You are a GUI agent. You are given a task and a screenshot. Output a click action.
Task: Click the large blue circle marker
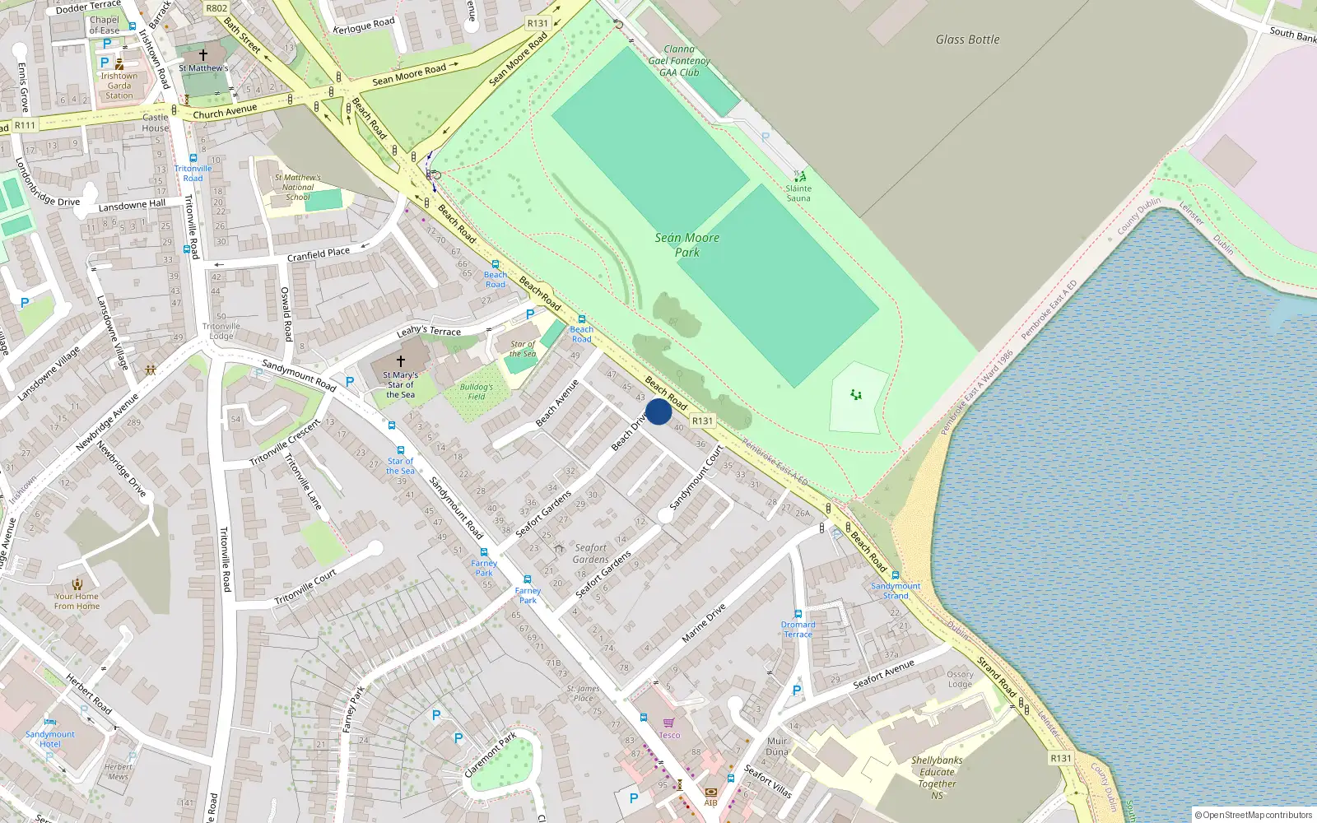click(x=658, y=411)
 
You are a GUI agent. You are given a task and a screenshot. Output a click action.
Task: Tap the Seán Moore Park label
click(x=687, y=244)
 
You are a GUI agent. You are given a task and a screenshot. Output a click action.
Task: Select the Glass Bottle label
click(x=967, y=40)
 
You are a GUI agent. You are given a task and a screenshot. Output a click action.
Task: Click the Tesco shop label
click(x=669, y=735)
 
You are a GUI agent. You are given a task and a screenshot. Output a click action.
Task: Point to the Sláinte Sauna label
click(x=798, y=193)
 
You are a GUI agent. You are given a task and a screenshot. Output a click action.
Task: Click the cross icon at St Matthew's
click(x=203, y=55)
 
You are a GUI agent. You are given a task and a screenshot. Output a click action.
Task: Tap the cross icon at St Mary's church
click(x=401, y=361)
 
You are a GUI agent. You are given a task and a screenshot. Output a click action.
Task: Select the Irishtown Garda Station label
click(x=119, y=86)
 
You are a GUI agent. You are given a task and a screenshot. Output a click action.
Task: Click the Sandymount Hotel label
click(x=50, y=738)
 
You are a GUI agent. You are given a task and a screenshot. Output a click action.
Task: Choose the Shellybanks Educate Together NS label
click(x=937, y=778)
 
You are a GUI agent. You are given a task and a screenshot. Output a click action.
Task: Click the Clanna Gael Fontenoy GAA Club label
click(x=679, y=61)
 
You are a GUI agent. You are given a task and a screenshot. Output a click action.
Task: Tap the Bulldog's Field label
click(x=477, y=392)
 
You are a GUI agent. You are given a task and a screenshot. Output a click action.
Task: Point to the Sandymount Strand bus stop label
click(x=896, y=590)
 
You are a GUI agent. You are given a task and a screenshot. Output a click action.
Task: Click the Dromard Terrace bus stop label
click(x=798, y=629)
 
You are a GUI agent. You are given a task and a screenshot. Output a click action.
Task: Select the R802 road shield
click(x=216, y=8)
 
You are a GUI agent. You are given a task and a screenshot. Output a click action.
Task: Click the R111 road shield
click(x=25, y=126)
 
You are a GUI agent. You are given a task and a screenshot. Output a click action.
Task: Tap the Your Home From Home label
click(x=77, y=601)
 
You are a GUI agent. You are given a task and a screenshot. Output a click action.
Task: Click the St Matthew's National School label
click(x=298, y=187)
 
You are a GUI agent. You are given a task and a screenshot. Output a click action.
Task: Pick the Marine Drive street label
click(x=704, y=623)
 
